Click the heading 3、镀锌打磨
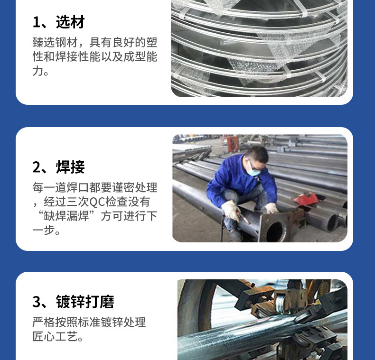pos(73,302)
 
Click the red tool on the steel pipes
pos(305,199)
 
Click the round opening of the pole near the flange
pos(275,231)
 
